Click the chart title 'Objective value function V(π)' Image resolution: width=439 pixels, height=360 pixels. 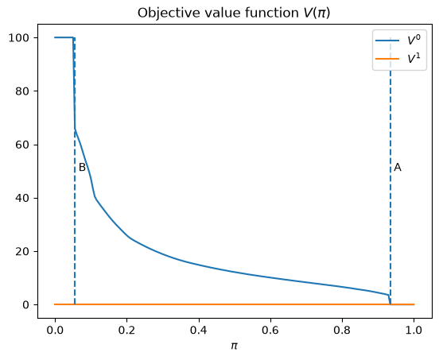tap(234, 13)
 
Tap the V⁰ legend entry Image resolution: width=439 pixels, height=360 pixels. tap(398, 41)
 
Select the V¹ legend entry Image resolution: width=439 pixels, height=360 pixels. tap(398, 59)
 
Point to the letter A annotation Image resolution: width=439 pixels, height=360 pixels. tap(398, 168)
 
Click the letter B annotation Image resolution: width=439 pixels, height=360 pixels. tap(82, 167)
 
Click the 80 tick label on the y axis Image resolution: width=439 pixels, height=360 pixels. tap(22, 91)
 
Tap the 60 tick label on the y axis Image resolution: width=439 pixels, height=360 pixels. tap(22, 145)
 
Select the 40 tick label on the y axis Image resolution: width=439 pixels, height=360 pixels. tap(22, 198)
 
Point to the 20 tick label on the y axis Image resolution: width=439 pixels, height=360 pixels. tap(22, 251)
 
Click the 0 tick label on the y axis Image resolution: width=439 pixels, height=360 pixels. tap(26, 304)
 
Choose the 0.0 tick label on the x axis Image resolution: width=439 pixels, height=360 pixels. tap(55, 331)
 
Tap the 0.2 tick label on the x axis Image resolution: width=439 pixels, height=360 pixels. tap(126, 331)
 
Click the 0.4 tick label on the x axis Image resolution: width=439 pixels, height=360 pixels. tap(199, 331)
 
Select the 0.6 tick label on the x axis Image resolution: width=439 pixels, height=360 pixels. tap(270, 331)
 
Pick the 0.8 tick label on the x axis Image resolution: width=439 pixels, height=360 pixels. tap(342, 331)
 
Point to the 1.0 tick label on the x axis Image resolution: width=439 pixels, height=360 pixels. tap(414, 331)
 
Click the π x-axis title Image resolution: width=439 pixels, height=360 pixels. tap(234, 346)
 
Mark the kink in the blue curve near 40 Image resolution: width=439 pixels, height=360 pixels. tap(95, 197)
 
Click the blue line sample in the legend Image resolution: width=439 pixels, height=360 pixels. tap(387, 41)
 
